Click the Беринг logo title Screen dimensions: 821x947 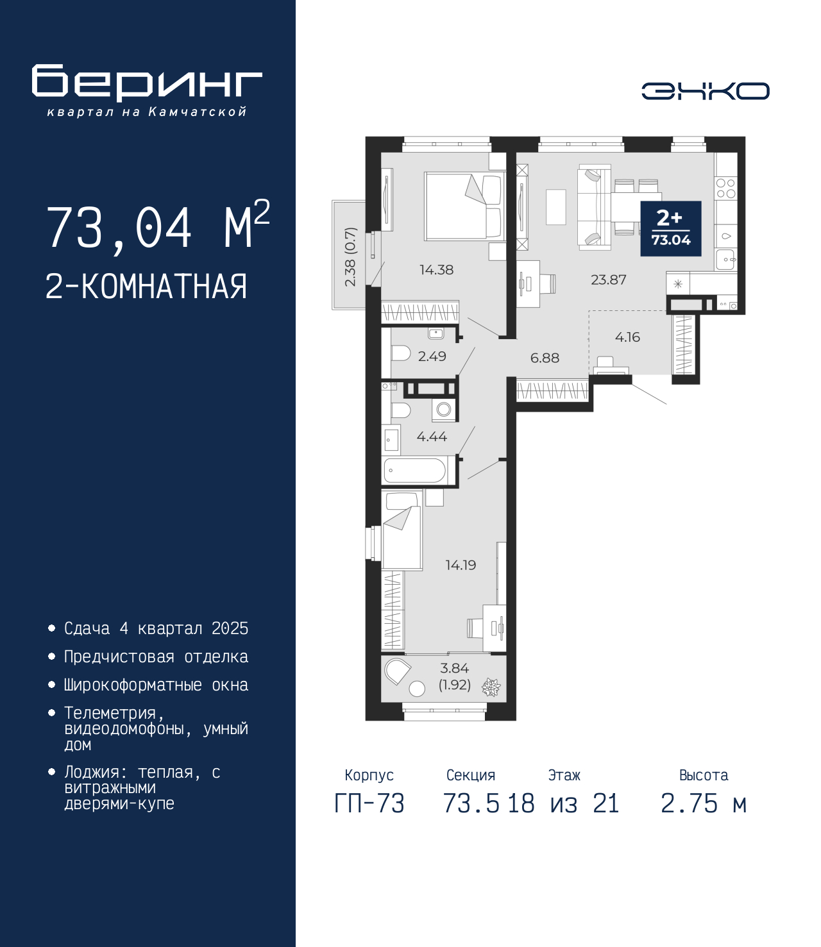[x=147, y=81]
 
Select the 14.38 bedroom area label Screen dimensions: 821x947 [x=436, y=270]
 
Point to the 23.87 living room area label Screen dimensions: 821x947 [x=608, y=280]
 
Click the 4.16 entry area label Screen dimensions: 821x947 [x=627, y=337]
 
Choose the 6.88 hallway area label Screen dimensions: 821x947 [x=545, y=358]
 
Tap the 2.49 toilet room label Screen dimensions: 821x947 [x=432, y=356]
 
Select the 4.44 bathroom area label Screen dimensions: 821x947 [x=432, y=437]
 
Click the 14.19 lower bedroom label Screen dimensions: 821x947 [x=461, y=565]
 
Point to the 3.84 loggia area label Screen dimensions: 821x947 [x=454, y=668]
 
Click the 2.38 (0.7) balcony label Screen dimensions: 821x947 [x=350, y=257]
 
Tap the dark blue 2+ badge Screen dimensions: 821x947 [x=671, y=229]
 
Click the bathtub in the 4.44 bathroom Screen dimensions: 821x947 [x=414, y=470]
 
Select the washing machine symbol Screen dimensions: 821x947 [x=444, y=409]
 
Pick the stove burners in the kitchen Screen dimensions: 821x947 [x=725, y=188]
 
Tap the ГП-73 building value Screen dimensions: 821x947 [x=369, y=803]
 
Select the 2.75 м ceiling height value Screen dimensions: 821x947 [x=703, y=803]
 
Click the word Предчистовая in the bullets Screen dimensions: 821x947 [x=119, y=657]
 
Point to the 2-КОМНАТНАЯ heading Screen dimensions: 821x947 [x=146, y=287]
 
